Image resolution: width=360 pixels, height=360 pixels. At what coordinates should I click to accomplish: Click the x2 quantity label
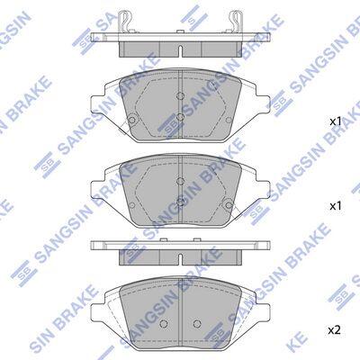click(334, 330)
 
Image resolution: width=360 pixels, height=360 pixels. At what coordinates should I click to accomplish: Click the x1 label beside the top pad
click(336, 121)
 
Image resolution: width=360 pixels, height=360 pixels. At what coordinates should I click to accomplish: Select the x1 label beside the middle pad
click(336, 206)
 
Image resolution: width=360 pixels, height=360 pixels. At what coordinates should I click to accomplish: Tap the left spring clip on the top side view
click(125, 21)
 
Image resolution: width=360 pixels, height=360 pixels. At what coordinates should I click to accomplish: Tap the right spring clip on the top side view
click(235, 21)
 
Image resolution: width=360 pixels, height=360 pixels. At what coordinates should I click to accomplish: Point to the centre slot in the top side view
click(180, 51)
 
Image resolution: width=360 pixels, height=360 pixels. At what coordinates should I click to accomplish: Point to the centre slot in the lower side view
click(180, 260)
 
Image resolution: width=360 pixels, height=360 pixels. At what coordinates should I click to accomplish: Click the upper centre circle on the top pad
click(180, 96)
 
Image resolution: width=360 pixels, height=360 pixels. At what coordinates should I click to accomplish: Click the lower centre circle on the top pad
click(180, 117)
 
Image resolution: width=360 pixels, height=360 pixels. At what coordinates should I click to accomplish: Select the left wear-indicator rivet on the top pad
click(131, 120)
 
